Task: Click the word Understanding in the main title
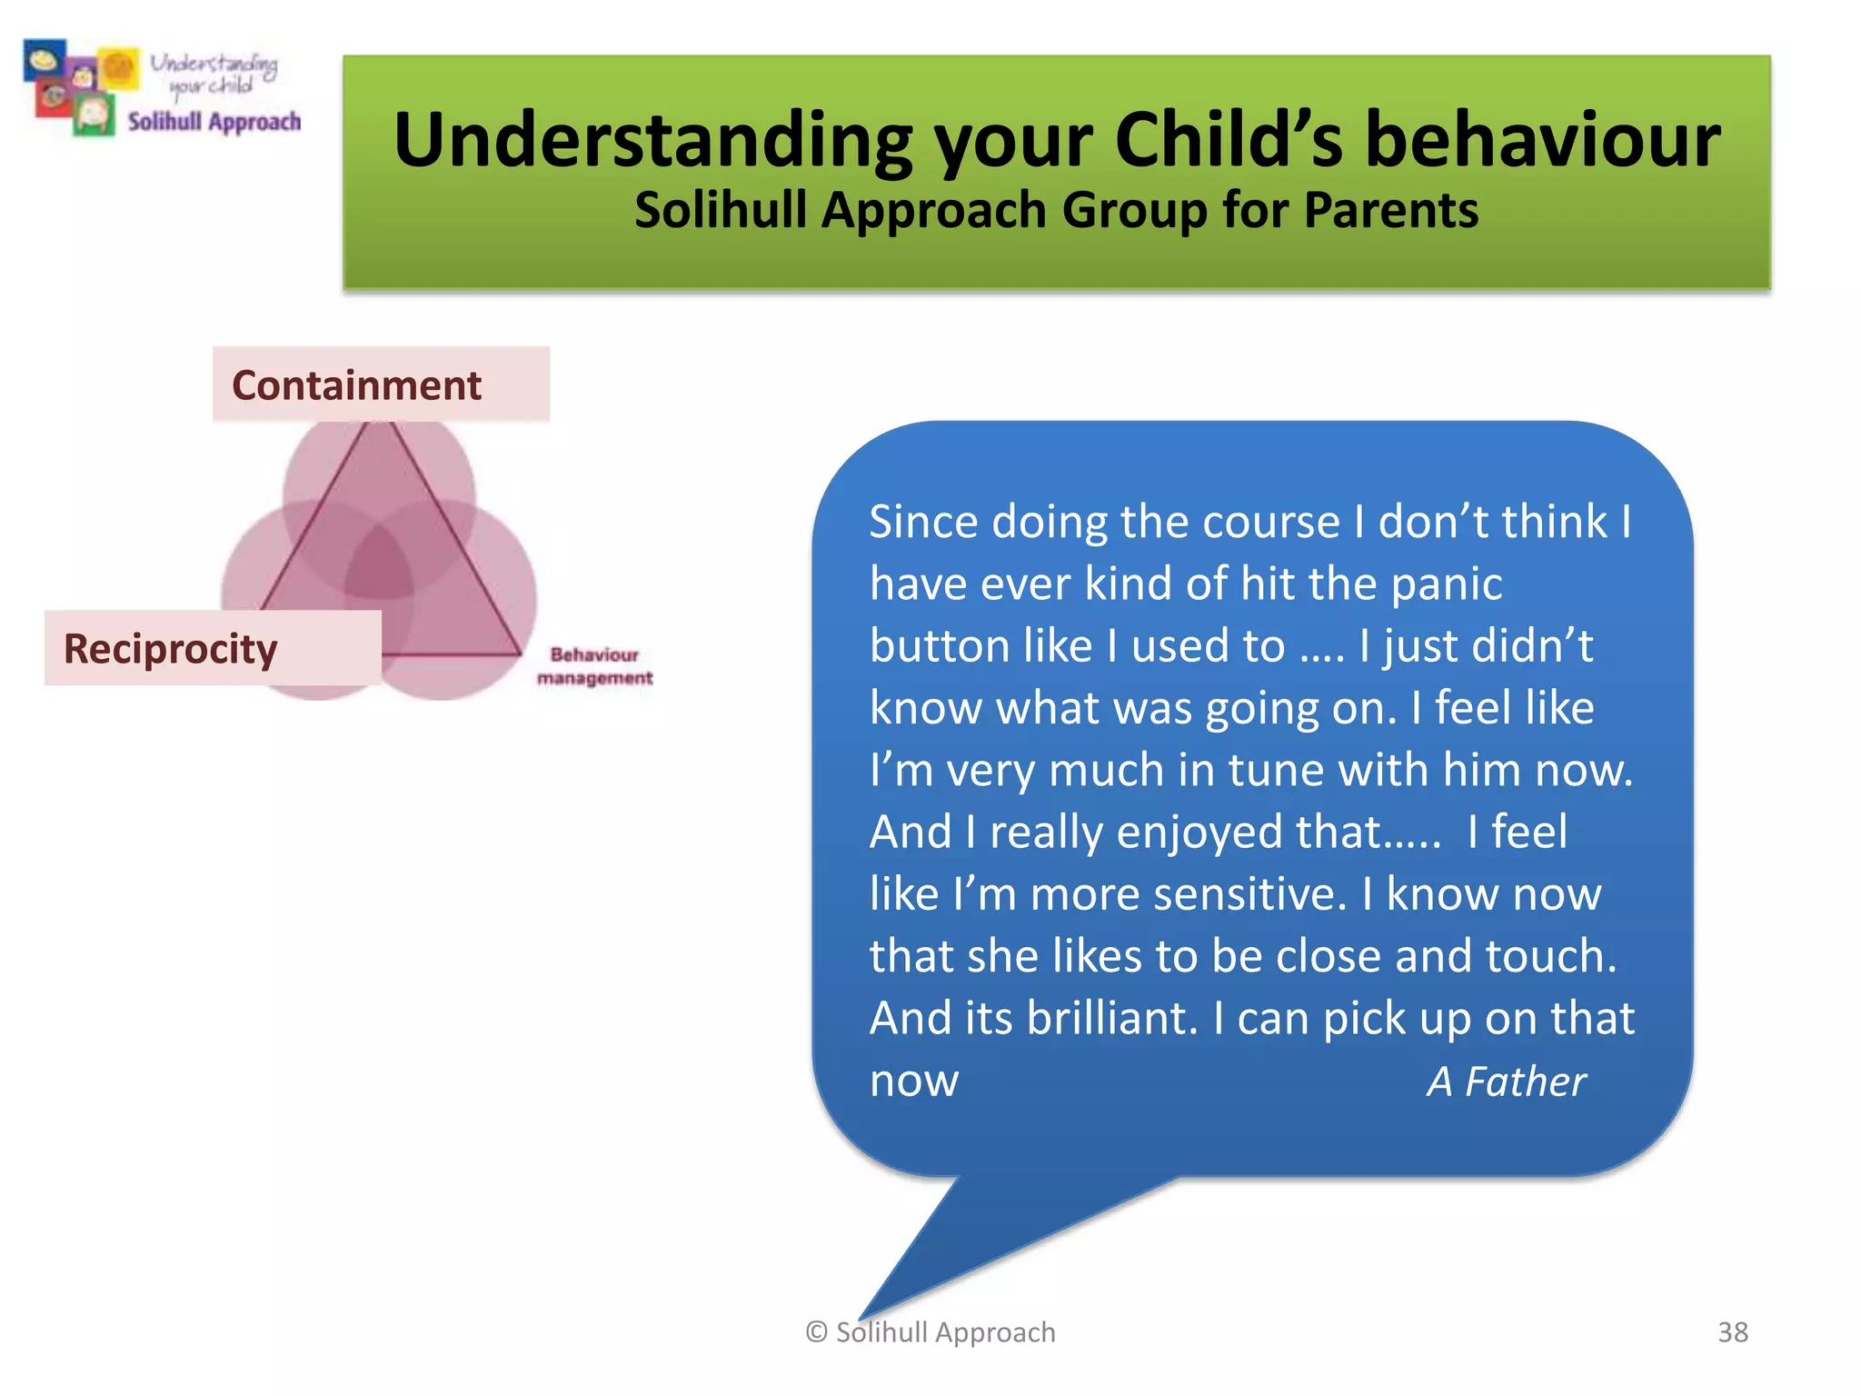(652, 141)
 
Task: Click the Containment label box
(381, 384)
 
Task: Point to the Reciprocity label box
(213, 648)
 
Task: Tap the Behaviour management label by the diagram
(594, 666)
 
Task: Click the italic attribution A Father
(1506, 1082)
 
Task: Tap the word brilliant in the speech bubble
(1112, 1018)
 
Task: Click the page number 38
(1732, 1331)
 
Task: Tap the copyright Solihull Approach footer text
(930, 1331)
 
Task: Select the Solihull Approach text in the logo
(214, 122)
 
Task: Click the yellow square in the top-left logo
(119, 68)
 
